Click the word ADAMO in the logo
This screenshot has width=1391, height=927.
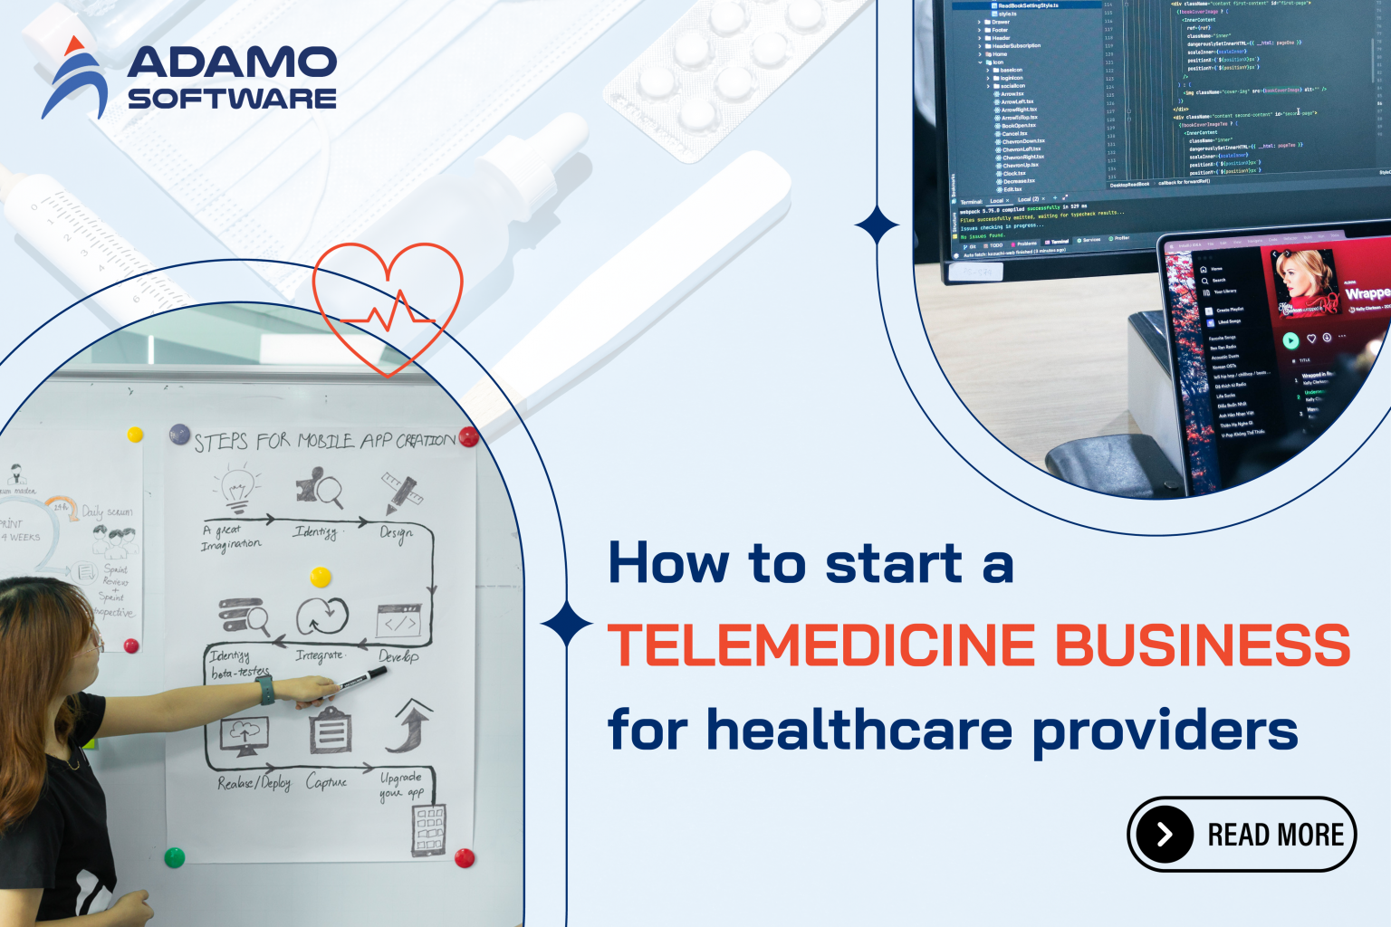click(x=232, y=62)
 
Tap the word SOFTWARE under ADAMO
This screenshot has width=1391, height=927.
click(x=232, y=98)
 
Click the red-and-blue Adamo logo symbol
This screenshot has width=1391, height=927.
click(x=74, y=80)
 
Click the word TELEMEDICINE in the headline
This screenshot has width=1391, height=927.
click(x=820, y=645)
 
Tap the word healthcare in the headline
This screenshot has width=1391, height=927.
click(x=859, y=730)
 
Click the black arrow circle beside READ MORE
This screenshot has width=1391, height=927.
click(x=1165, y=834)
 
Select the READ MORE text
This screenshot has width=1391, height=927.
click(x=1275, y=835)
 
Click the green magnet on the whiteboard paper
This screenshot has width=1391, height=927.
click(x=174, y=856)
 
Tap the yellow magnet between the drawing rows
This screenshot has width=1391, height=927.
click(x=321, y=577)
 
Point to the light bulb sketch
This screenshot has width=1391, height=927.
click(x=237, y=486)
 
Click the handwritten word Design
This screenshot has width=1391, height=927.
click(x=396, y=533)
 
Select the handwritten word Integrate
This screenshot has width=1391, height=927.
click(x=319, y=655)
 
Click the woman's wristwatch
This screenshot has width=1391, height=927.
click(x=265, y=690)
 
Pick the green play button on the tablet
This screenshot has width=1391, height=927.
click(x=1290, y=340)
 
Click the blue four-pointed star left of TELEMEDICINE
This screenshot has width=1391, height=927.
click(x=567, y=624)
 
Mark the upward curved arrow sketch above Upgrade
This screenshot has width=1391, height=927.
click(x=410, y=726)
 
